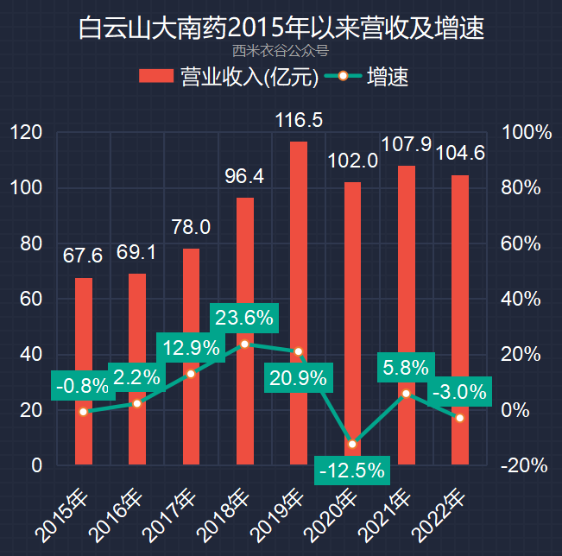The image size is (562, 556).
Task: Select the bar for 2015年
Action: coord(84,371)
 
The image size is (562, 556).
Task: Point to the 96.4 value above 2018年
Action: coord(244,177)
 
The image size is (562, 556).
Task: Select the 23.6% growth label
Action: coord(244,318)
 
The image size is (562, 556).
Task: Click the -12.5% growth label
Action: coord(351,471)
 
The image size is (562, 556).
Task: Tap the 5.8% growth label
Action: coord(406,368)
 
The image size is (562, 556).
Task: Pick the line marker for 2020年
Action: coord(352,444)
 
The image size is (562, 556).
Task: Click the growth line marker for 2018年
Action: coord(244,344)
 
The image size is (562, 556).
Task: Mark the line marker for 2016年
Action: coord(136,403)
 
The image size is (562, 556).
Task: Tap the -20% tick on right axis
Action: coord(524,465)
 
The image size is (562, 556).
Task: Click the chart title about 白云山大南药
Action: coord(281,28)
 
